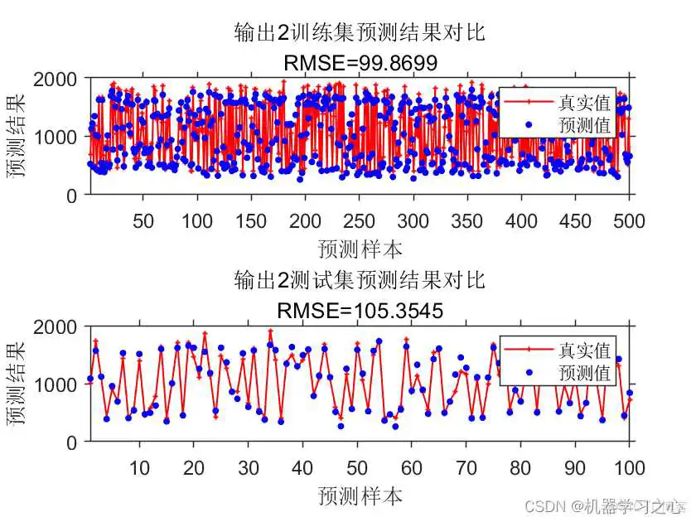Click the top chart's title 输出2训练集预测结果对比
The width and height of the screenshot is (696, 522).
[x=359, y=33]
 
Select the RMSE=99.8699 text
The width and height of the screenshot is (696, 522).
[x=359, y=63]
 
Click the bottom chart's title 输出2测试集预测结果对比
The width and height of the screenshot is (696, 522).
[x=359, y=280]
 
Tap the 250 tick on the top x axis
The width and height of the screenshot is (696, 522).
[x=359, y=220]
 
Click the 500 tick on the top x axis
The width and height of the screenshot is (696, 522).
[x=630, y=220]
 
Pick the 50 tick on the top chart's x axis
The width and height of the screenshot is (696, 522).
[x=143, y=220]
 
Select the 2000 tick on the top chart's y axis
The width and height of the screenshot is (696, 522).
[x=56, y=79]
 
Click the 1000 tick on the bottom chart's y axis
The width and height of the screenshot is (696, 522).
[x=56, y=384]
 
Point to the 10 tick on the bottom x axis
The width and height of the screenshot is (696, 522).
[x=139, y=468]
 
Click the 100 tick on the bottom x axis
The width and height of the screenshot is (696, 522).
[x=630, y=468]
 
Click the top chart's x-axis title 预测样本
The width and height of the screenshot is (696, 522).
[x=359, y=249]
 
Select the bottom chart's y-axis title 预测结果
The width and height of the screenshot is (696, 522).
[x=17, y=384]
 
